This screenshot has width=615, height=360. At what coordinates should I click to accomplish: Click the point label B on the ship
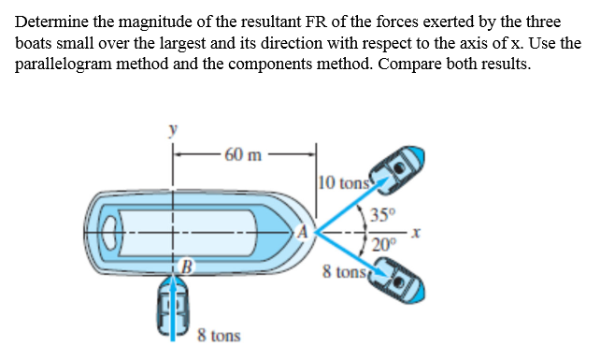[185, 270]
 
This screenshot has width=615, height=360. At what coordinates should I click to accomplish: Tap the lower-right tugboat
[398, 285]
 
